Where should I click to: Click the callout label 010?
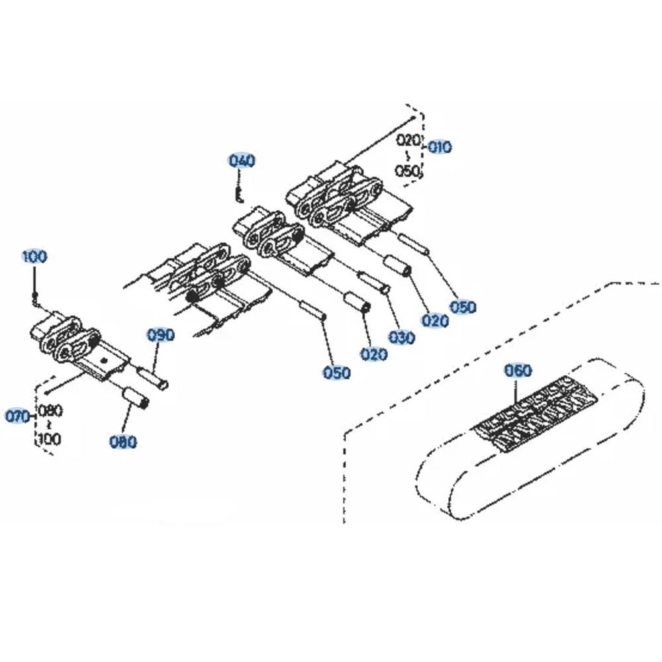pyautogui.click(x=440, y=147)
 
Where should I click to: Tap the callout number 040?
pyautogui.click(x=242, y=160)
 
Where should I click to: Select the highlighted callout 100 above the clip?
pyautogui.click(x=34, y=256)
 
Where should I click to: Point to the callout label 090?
pyautogui.click(x=160, y=335)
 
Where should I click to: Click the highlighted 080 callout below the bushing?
pyautogui.click(x=123, y=442)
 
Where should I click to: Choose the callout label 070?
pyautogui.click(x=18, y=416)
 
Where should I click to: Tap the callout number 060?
pyautogui.click(x=518, y=371)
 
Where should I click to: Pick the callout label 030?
pyautogui.click(x=402, y=338)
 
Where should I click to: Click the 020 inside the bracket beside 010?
pyautogui.click(x=408, y=140)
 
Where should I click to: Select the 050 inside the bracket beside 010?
pyautogui.click(x=408, y=171)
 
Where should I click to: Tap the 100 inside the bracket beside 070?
pyautogui.click(x=50, y=439)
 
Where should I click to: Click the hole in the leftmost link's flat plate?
pyautogui.click(x=103, y=359)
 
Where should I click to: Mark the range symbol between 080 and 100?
pyautogui.click(x=50, y=425)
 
